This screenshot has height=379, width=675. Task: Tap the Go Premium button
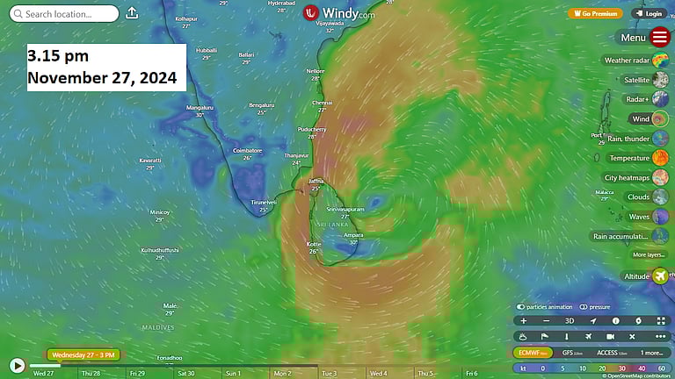(595, 13)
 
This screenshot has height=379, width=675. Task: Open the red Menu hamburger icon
(660, 38)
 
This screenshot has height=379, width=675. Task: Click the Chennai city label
(322, 103)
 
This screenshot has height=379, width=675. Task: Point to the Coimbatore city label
(248, 151)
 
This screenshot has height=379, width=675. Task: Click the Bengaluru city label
(261, 104)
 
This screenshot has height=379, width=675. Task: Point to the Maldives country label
(158, 327)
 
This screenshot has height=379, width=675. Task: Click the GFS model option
(573, 352)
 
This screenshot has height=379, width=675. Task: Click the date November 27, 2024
(102, 77)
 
